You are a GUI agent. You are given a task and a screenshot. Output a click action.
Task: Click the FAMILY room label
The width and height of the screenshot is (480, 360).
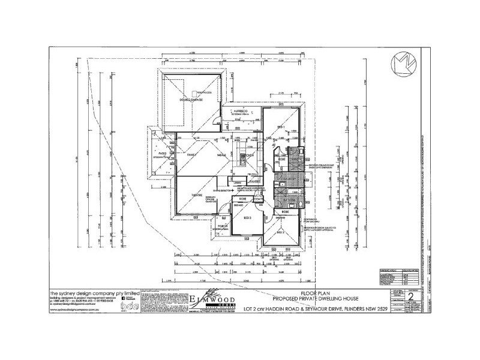(191, 155)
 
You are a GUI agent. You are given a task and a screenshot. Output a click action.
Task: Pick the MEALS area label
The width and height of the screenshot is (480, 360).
(221, 155)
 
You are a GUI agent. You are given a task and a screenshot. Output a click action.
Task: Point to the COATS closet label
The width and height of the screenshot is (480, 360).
(258, 200)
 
